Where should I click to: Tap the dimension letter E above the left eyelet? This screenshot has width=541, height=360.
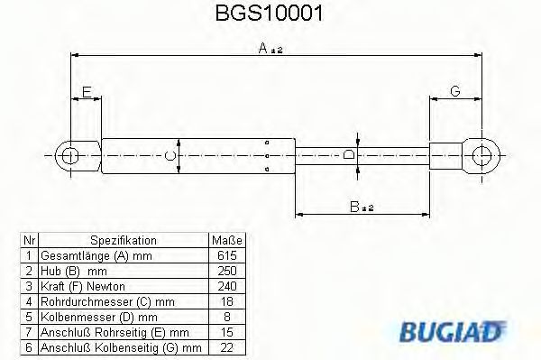click(x=86, y=91)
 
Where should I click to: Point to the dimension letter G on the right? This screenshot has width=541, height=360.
click(x=455, y=91)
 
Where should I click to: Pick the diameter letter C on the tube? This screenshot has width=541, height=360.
click(x=172, y=155)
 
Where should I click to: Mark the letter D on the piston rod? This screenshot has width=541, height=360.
click(x=351, y=155)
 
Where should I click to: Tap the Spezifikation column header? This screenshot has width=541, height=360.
click(x=124, y=241)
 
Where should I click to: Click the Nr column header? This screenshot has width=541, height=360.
click(x=29, y=241)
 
